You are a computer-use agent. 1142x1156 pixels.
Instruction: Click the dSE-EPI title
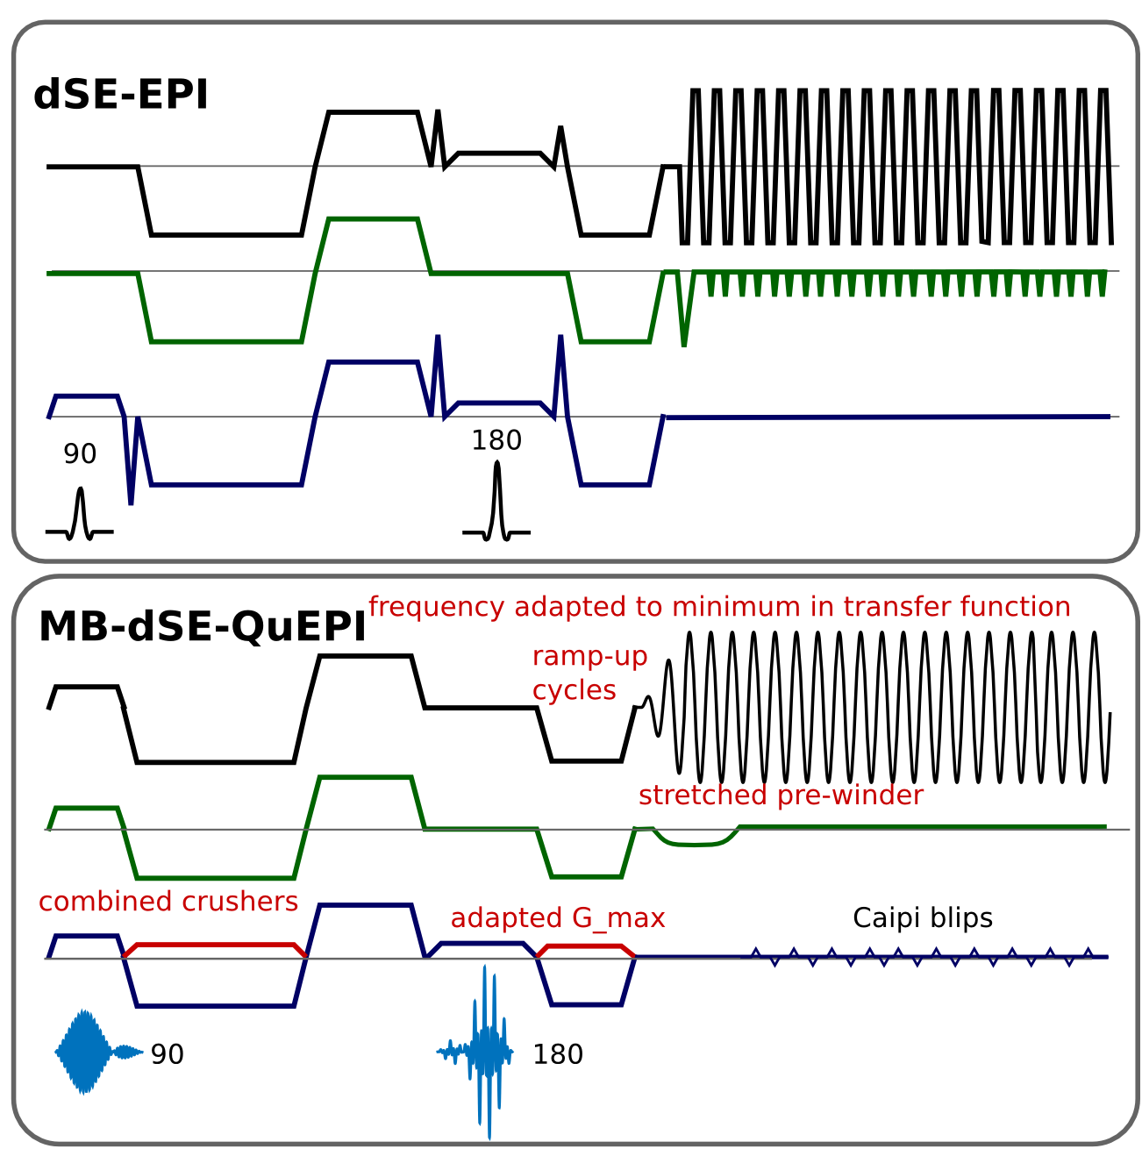click(121, 96)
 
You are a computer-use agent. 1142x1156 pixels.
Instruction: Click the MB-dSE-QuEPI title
click(202, 627)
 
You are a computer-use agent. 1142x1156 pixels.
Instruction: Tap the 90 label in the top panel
click(80, 454)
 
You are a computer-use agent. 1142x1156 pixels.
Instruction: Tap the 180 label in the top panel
click(496, 440)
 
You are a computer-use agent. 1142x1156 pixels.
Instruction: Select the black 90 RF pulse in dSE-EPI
click(81, 516)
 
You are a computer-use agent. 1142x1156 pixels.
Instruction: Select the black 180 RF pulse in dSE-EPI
click(497, 504)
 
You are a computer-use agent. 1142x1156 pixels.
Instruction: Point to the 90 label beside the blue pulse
click(168, 1054)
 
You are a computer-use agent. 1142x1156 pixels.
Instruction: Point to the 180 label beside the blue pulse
click(558, 1054)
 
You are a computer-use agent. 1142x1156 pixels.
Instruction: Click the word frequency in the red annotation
click(436, 607)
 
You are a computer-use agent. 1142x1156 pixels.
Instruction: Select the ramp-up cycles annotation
click(589, 673)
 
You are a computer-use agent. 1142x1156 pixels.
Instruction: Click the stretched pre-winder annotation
click(781, 796)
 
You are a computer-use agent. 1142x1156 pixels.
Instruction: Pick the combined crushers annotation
click(168, 902)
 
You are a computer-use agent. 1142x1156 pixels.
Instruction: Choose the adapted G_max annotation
click(558, 918)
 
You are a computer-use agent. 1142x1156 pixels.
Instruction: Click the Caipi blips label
click(923, 918)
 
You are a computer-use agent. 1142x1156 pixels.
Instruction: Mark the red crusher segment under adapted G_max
click(584, 946)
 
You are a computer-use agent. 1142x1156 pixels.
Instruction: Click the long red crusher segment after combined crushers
click(215, 945)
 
